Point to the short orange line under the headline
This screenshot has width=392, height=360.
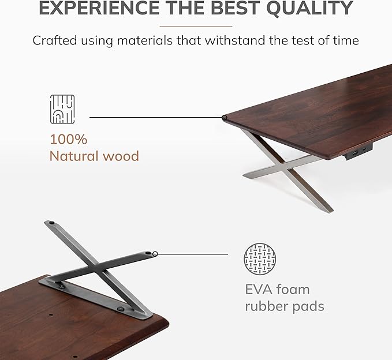coord(196,26)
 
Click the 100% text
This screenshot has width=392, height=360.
coord(68,139)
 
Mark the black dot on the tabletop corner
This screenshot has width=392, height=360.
coord(225,118)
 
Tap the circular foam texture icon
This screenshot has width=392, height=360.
coord(260,258)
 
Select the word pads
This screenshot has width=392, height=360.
coord(307,306)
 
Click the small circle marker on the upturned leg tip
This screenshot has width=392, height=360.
coord(155,253)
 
